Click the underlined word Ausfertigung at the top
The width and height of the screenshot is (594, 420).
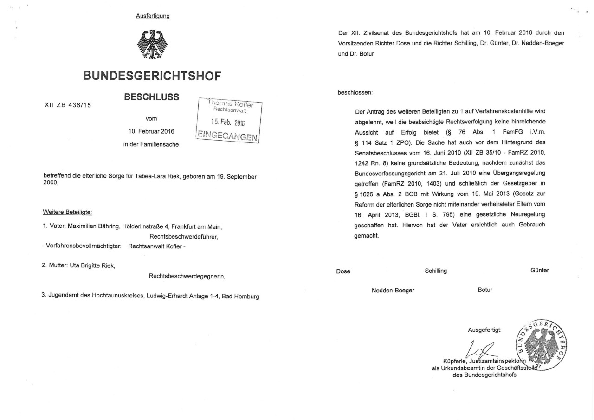tap(153, 16)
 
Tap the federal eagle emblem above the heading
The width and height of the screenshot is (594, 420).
tap(152, 45)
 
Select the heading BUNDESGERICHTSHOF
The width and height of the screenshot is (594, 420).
tap(152, 76)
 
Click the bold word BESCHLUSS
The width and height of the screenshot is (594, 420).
tap(151, 97)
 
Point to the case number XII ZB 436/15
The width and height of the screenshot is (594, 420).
tap(68, 105)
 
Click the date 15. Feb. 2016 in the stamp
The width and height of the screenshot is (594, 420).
tap(227, 123)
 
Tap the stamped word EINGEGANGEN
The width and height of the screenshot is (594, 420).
tap(227, 136)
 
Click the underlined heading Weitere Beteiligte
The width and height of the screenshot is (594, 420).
tap(68, 212)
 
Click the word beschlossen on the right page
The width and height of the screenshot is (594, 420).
tap(355, 92)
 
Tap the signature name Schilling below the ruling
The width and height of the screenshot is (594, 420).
tap(436, 271)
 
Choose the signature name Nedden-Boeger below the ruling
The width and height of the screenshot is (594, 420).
tap(393, 290)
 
